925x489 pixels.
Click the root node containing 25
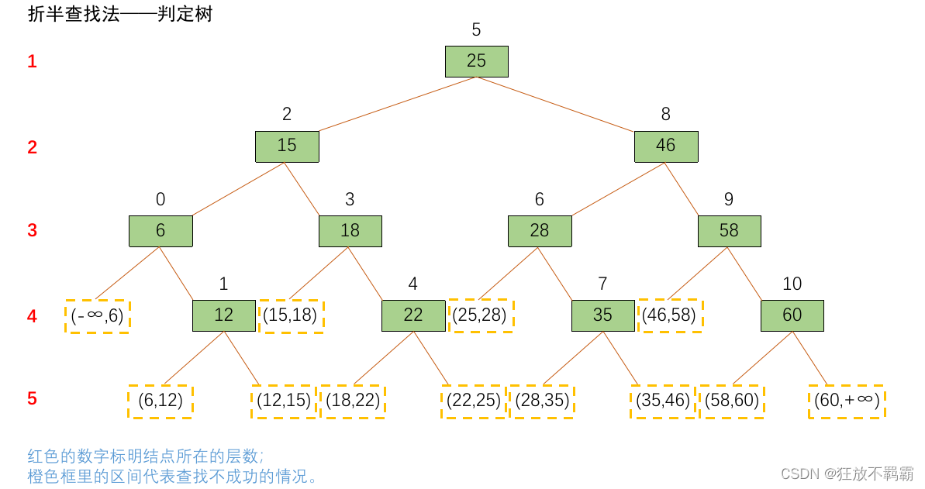tap(476, 61)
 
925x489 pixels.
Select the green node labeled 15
tap(287, 146)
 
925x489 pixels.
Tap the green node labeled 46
tap(665, 146)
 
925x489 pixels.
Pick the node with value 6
tap(160, 231)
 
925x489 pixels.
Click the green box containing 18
tap(350, 231)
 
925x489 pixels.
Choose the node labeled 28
tap(539, 231)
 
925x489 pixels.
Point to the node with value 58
tap(729, 231)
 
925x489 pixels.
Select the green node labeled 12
tap(223, 315)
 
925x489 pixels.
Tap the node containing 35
tap(602, 315)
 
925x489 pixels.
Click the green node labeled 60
tap(792, 315)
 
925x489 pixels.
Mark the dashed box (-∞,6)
tap(98, 316)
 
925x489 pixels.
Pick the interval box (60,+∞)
tap(846, 401)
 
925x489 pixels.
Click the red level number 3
tap(32, 231)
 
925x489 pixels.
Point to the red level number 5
tap(32, 399)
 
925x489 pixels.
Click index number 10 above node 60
tap(792, 284)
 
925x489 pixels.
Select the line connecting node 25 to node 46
tap(571, 104)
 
